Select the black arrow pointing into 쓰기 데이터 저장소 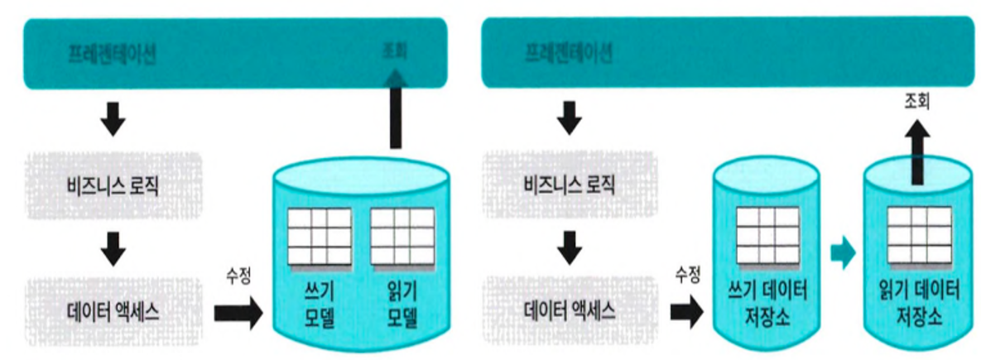pos(685,314)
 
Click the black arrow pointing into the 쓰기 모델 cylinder pos(238,314)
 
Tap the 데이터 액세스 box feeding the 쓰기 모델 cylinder pos(114,313)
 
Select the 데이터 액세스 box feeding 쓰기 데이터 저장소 pos(570,313)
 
